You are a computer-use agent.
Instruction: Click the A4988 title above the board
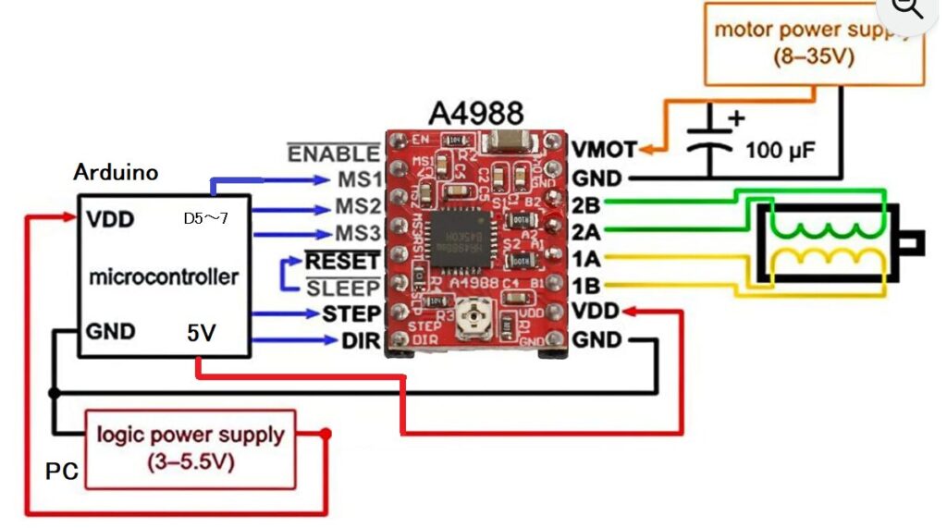475,113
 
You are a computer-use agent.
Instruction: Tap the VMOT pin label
604,149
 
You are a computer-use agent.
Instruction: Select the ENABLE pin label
334,153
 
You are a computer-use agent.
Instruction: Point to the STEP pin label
351,314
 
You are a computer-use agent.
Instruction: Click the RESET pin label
342,261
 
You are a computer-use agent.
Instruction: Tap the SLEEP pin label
343,288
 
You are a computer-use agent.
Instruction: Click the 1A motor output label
586,258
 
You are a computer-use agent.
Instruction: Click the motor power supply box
813,43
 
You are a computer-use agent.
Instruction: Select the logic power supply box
191,448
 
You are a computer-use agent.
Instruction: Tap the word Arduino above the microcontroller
116,173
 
